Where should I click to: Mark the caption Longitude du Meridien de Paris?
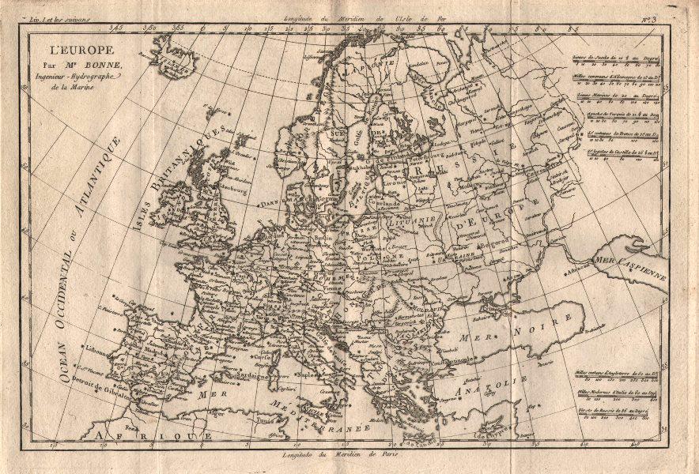pos(348,456)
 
